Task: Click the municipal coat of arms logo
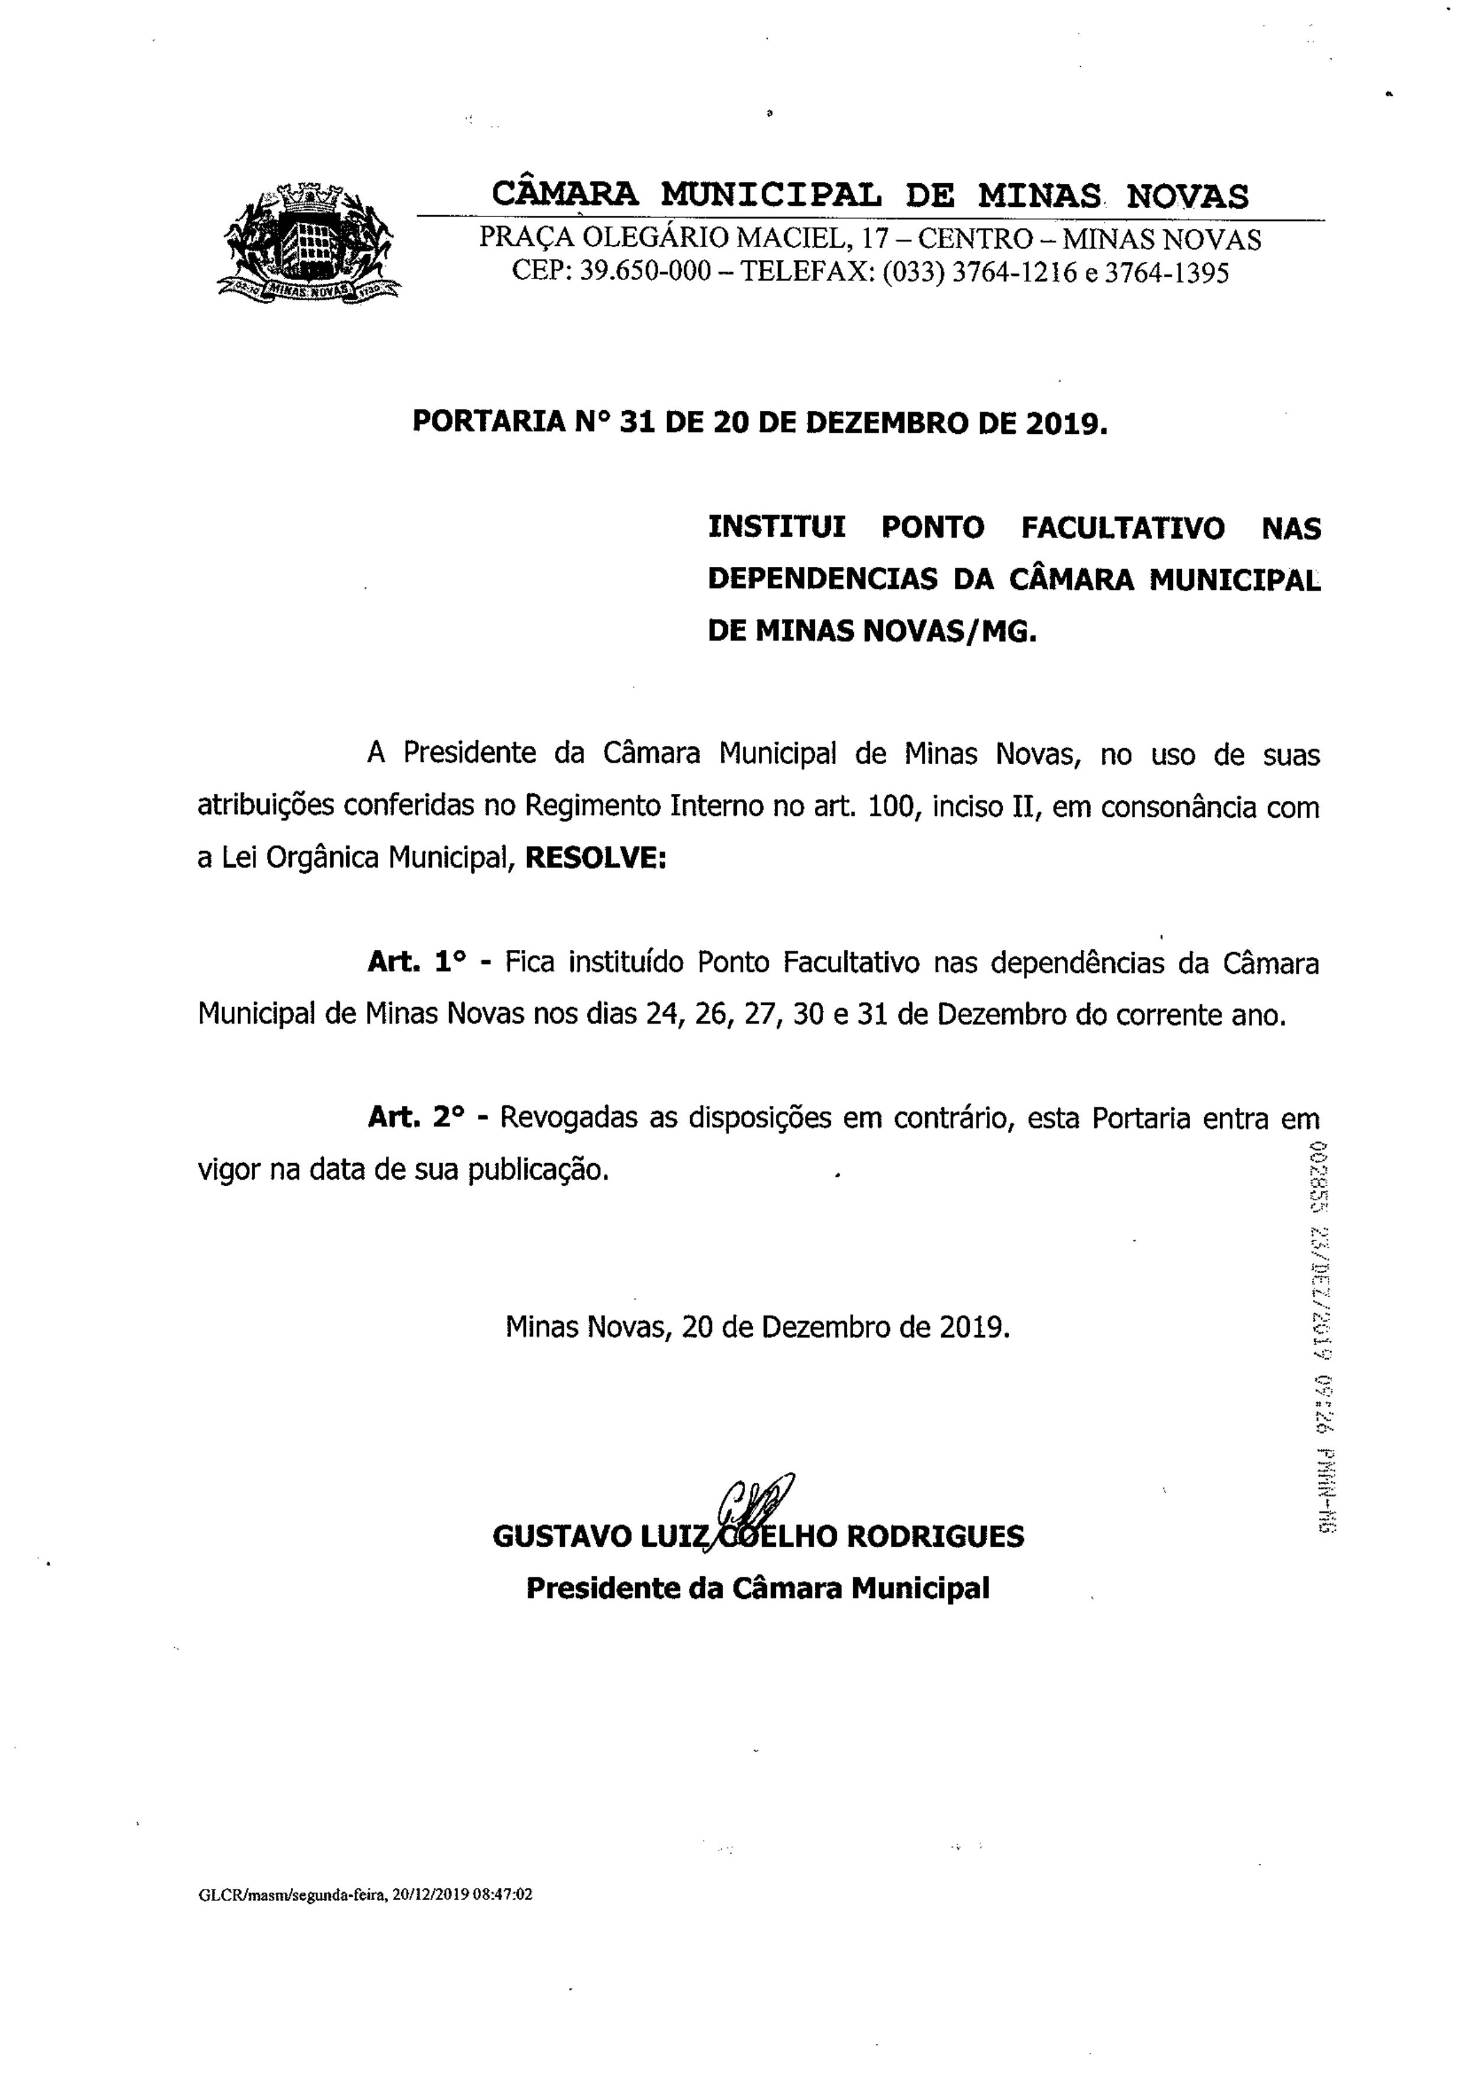(x=310, y=241)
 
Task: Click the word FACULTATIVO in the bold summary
(x=1123, y=528)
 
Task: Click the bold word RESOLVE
(x=594, y=857)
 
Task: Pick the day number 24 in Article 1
(x=663, y=1014)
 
